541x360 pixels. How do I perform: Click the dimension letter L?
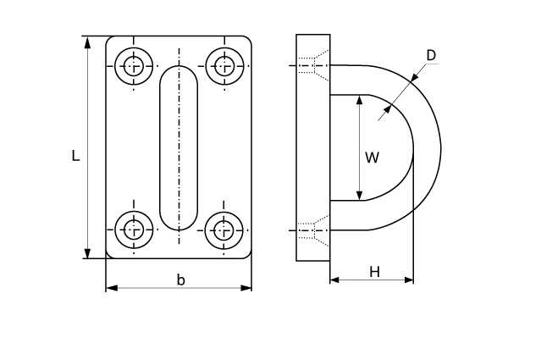tap(76, 156)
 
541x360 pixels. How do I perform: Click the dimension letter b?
tap(180, 279)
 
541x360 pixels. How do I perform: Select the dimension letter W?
tap(372, 157)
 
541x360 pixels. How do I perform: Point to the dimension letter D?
tap(431, 56)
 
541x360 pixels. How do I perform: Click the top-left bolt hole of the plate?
tap(133, 64)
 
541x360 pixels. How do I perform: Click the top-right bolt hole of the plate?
tap(224, 64)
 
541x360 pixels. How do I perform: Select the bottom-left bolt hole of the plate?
tap(133, 228)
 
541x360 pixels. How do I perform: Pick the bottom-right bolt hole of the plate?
tap(224, 228)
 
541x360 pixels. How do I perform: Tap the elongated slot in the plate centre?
tap(179, 146)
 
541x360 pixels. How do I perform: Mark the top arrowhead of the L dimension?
tap(87, 41)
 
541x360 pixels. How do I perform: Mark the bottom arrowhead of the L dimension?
tap(87, 253)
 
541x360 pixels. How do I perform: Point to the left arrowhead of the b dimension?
tap(110, 289)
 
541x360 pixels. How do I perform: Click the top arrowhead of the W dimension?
tap(360, 99)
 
